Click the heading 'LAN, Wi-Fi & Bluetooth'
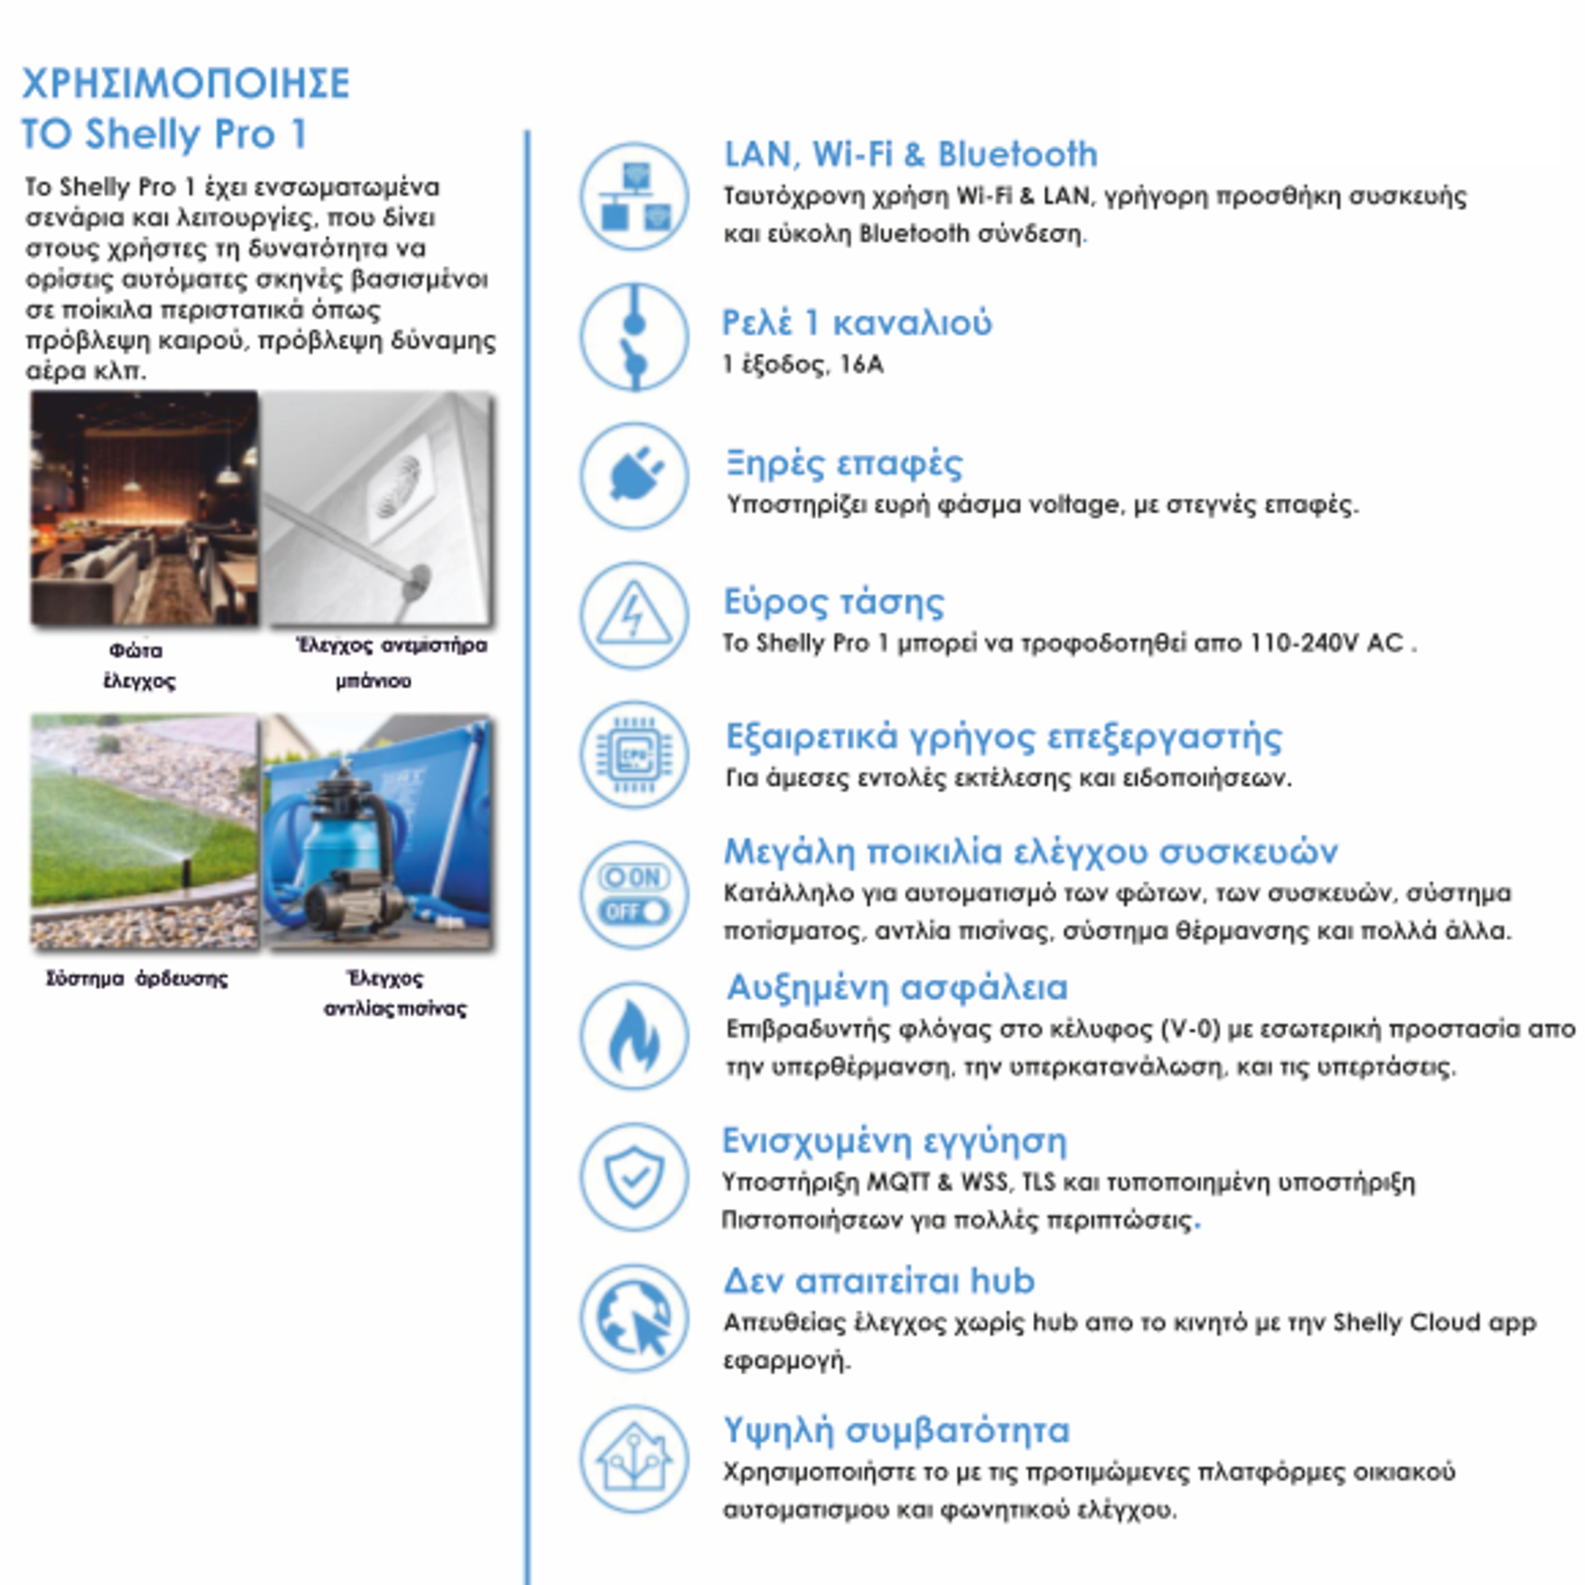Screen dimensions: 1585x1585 tap(910, 154)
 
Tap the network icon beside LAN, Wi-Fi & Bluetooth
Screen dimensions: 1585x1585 tap(633, 197)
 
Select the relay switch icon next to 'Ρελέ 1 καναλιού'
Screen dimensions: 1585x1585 tap(633, 337)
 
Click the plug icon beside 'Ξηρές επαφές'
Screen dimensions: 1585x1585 tap(633, 476)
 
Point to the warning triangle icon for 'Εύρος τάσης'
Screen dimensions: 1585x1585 tap(633, 615)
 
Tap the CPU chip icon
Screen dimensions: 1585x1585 tap(633, 754)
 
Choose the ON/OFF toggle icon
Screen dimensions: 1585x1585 tap(633, 895)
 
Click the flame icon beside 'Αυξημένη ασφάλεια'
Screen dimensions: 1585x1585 tap(633, 1035)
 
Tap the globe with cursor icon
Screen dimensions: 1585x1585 tap(633, 1317)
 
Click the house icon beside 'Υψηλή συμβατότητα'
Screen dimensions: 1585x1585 tap(633, 1459)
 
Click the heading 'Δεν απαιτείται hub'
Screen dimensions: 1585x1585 tap(878, 1280)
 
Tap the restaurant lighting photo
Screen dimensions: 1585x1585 tap(145, 509)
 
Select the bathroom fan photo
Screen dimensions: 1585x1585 tap(377, 509)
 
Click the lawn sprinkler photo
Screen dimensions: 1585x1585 tap(145, 831)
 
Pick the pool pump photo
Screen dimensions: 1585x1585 tap(377, 831)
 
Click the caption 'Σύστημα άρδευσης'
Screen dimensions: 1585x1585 tap(137, 978)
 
